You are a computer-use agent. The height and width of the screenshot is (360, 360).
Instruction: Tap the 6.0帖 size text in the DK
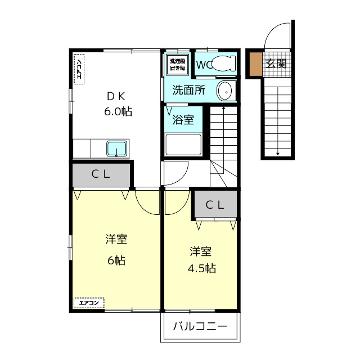[118, 111]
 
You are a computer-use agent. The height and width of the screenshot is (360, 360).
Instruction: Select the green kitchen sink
[118, 148]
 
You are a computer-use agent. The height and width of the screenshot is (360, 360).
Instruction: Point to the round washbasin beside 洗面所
[225, 90]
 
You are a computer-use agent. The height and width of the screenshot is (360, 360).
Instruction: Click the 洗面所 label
[188, 89]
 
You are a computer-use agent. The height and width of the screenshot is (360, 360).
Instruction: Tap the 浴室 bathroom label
[183, 119]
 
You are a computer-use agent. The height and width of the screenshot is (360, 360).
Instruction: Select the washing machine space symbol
[177, 64]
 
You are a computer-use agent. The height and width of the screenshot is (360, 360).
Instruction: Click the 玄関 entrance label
[276, 64]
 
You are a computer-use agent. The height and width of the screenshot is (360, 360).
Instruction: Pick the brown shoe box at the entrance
[256, 64]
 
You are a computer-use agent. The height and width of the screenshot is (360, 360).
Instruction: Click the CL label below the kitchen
[101, 174]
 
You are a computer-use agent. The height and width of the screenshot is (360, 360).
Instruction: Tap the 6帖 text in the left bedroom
[116, 260]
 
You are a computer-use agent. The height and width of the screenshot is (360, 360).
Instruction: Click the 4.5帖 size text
[201, 268]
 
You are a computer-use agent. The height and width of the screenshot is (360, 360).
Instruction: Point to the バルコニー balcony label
[200, 326]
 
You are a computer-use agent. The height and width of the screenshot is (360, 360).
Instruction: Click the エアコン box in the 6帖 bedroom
[88, 303]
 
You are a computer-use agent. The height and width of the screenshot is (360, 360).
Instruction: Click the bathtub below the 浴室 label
[183, 145]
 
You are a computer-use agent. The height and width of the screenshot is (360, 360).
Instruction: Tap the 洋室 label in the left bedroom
[116, 240]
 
